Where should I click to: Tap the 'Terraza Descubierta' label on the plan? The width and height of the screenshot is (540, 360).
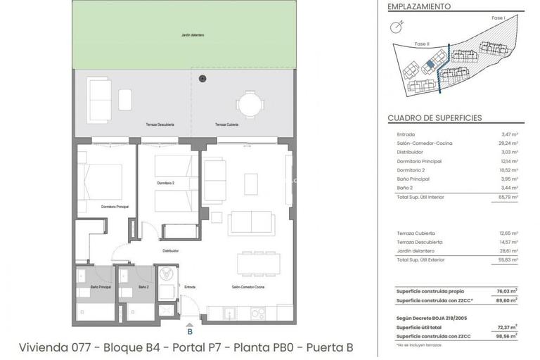160,124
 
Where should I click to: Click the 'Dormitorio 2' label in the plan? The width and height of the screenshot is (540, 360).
166,183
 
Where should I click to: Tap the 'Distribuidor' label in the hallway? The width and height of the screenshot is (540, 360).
170,250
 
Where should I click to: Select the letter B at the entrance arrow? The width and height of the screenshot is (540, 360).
189,331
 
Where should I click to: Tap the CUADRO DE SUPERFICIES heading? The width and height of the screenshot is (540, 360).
433,118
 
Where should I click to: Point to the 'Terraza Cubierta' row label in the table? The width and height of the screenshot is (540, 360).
416,233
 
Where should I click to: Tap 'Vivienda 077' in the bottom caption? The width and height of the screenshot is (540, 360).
59,347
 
